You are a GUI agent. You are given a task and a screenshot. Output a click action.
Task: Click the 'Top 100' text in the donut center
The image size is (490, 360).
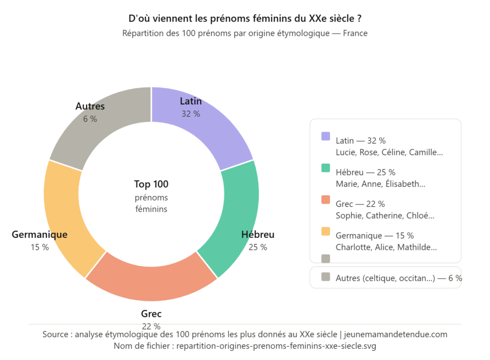[x=151, y=184]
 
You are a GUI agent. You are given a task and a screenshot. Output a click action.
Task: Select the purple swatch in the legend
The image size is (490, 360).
[x=325, y=136]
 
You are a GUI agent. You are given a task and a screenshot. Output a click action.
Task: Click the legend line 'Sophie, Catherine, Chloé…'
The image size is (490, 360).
[x=385, y=215]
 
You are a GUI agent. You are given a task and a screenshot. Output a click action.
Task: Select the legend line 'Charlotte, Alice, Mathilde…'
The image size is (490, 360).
[x=386, y=247]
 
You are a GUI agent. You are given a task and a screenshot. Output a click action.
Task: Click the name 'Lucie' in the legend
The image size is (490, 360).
[x=345, y=152]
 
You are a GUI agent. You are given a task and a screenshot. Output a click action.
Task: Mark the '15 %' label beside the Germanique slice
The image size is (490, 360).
[x=39, y=247]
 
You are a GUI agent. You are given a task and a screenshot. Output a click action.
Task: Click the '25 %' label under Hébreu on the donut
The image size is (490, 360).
[x=258, y=247]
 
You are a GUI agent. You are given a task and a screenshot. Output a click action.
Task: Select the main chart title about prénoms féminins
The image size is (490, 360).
[x=245, y=19]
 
